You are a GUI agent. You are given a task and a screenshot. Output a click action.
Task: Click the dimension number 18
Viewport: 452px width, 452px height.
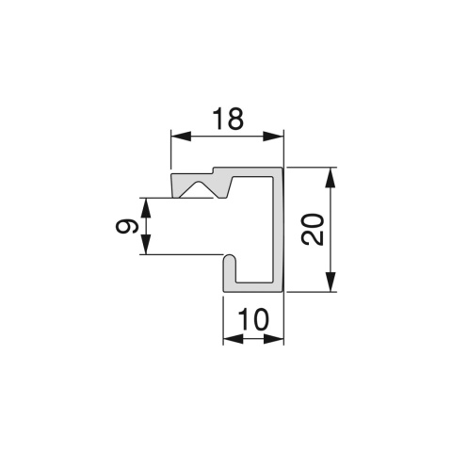click(228, 119)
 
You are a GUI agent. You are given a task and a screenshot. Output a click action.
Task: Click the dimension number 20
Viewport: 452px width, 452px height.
click(313, 230)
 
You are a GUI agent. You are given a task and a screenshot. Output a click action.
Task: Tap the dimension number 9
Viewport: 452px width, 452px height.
click(127, 226)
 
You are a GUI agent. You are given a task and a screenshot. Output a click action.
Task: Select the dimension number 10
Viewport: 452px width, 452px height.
click(253, 319)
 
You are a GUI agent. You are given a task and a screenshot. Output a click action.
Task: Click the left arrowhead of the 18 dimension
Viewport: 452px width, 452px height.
click(181, 137)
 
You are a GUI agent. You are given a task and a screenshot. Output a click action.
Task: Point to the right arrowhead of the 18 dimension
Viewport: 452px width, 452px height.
click(273, 137)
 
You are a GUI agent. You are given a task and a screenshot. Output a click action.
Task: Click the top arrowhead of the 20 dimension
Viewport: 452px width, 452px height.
click(331, 178)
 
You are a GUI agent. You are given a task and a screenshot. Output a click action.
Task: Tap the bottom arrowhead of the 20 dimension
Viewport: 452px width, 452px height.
click(331, 282)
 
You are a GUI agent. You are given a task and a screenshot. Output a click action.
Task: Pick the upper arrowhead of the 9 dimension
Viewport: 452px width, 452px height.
click(146, 208)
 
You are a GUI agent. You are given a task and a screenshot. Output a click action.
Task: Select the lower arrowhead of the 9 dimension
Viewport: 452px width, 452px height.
click(146, 244)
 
